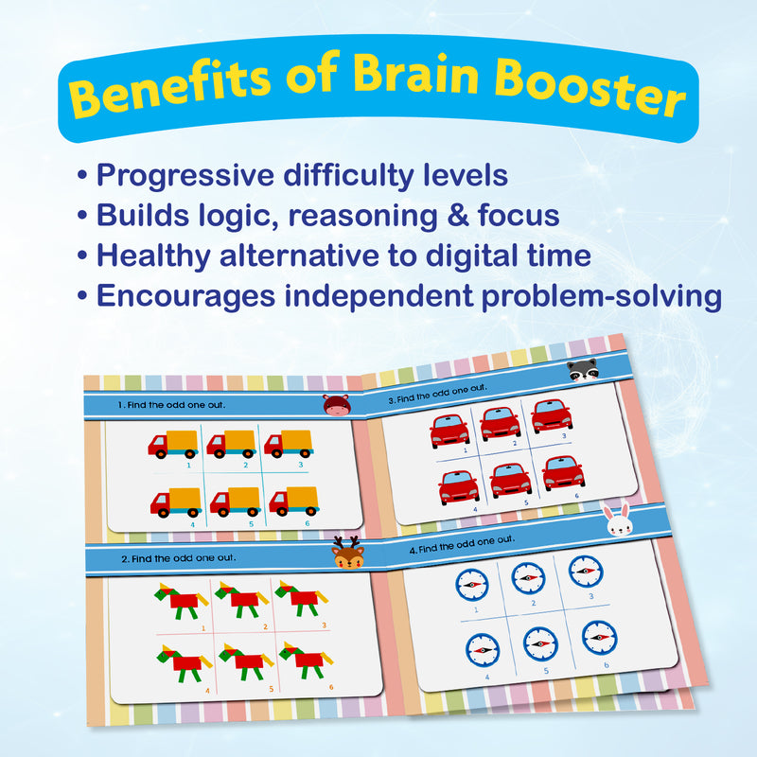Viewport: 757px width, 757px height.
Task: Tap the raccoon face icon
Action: click(584, 372)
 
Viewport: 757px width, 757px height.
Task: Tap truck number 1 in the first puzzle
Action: click(173, 443)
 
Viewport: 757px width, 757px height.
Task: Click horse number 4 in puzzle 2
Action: click(180, 660)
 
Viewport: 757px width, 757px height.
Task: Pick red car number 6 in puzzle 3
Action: click(564, 472)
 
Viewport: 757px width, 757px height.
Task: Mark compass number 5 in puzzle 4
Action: click(540, 644)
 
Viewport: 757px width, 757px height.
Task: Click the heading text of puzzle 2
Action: click(180, 557)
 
